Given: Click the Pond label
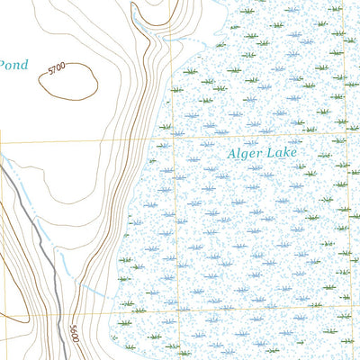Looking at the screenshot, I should [13, 66].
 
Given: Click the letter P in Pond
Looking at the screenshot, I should [3, 66].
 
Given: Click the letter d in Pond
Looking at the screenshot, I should [25, 66].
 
